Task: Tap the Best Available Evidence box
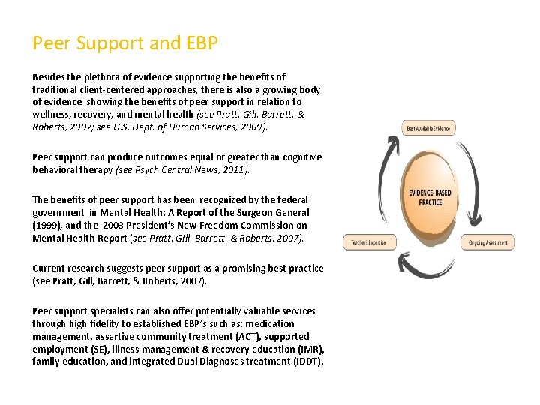pos(428,128)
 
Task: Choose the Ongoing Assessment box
pos(489,242)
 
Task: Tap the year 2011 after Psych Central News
pos(232,170)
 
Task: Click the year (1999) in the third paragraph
pos(48,225)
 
